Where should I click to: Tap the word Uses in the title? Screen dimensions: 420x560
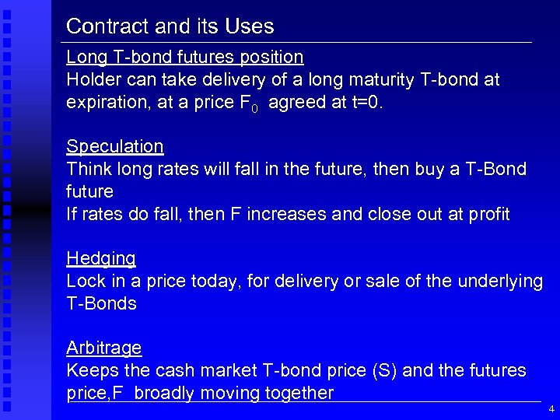249,26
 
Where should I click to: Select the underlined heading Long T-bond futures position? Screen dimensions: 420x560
184,57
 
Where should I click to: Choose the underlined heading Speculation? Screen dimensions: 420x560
114,146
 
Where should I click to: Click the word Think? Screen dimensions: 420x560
88,169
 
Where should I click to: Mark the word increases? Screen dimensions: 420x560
285,214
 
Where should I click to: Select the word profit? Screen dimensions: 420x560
487,214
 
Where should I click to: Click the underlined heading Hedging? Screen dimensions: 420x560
101,259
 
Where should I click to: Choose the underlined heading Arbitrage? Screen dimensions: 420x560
103,348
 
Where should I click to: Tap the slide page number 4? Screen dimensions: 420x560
551,408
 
